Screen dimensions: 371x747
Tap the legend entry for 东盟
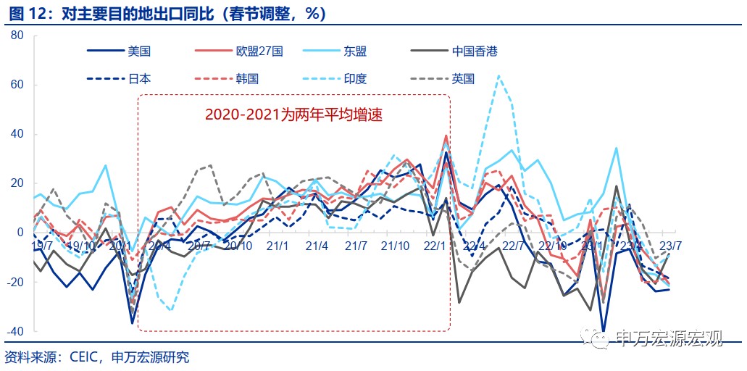354,51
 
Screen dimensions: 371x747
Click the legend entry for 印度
355,78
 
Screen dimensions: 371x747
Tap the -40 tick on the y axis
15,331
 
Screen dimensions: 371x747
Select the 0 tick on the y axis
20,233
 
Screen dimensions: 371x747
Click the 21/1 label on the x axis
278,245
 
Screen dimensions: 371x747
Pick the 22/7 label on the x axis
513,245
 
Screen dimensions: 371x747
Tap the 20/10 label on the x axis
238,245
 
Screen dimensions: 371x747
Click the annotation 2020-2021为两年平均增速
293,114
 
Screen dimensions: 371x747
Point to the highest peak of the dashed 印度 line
498,75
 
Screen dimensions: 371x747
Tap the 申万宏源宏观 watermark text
667,338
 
